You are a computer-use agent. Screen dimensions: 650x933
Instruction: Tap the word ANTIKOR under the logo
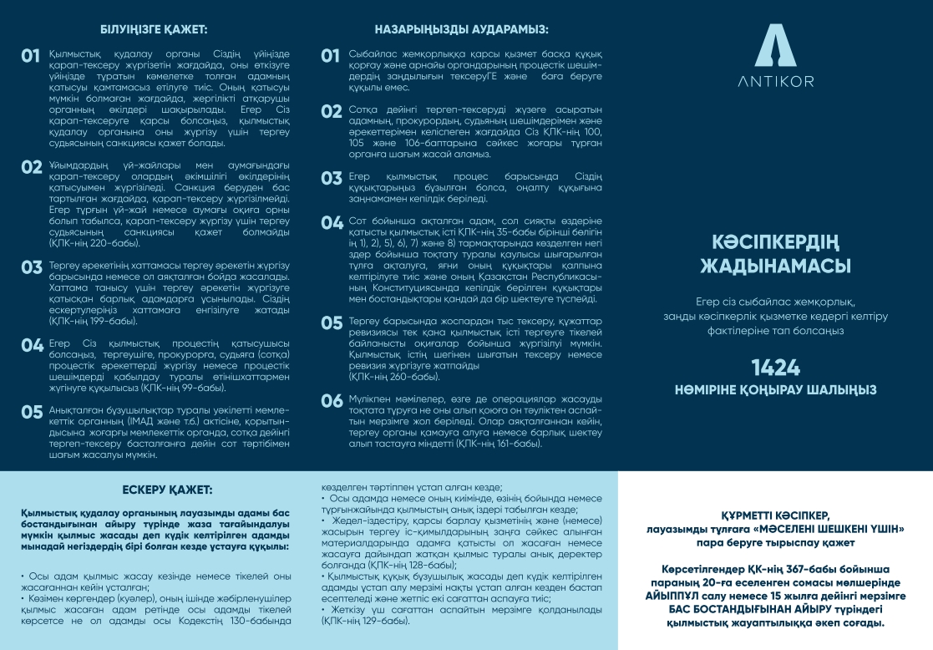775,81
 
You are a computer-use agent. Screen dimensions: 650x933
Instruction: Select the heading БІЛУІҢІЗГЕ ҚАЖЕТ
154,29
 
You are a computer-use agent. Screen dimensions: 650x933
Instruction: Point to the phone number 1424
775,368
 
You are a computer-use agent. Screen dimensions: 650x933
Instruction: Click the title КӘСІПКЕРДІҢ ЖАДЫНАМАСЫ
775,254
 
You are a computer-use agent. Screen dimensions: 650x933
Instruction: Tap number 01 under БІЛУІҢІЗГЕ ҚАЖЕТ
31,57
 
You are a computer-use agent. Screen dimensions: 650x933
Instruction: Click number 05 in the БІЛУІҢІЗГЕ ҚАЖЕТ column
32,412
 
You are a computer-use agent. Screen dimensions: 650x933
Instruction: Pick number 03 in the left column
32,267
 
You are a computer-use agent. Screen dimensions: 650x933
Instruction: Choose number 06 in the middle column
332,401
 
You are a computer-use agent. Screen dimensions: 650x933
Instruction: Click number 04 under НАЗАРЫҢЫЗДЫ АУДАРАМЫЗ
332,223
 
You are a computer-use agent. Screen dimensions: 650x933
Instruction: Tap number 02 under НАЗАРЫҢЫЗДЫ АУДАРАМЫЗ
332,111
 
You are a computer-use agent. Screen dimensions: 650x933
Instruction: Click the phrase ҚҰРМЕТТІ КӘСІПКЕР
776,516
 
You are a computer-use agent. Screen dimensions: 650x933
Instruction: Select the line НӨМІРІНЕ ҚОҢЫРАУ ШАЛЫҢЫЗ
775,389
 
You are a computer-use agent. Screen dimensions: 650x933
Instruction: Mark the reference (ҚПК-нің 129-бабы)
364,622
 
